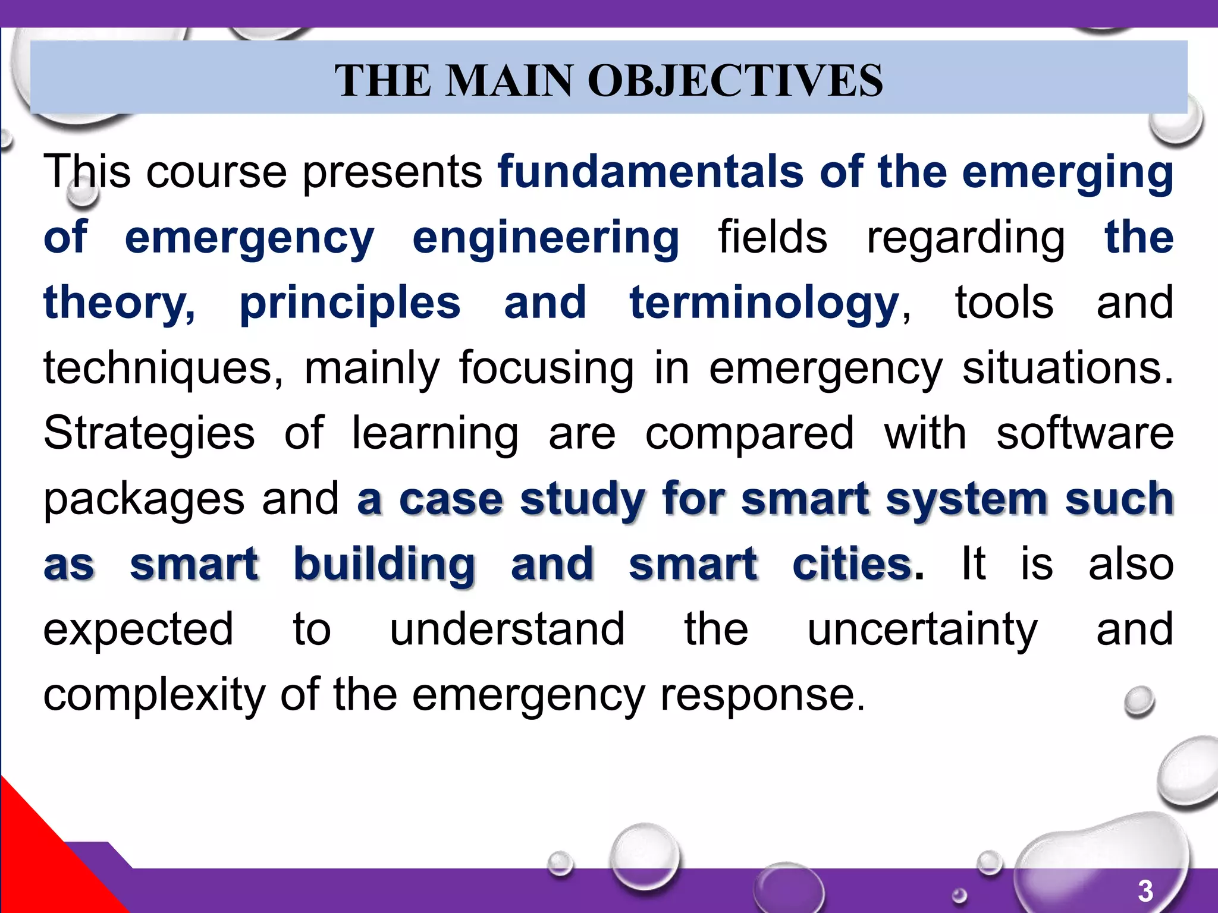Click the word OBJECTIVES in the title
coord(735,80)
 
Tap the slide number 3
coord(1145,891)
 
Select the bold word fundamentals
coord(651,172)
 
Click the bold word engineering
coord(545,238)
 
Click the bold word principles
coord(350,303)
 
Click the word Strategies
coord(149,434)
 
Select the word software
coord(1085,434)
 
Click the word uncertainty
coord(922,630)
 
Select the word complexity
coord(154,695)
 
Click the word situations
coord(1067,369)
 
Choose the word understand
coord(507,630)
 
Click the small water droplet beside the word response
coord(1139,701)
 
